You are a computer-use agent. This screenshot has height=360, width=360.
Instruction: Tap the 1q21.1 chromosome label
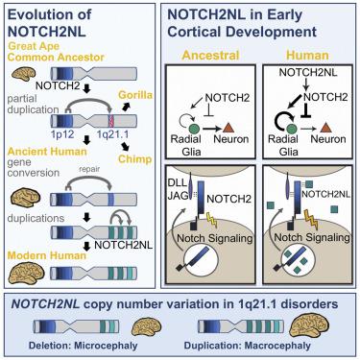[115, 135]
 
